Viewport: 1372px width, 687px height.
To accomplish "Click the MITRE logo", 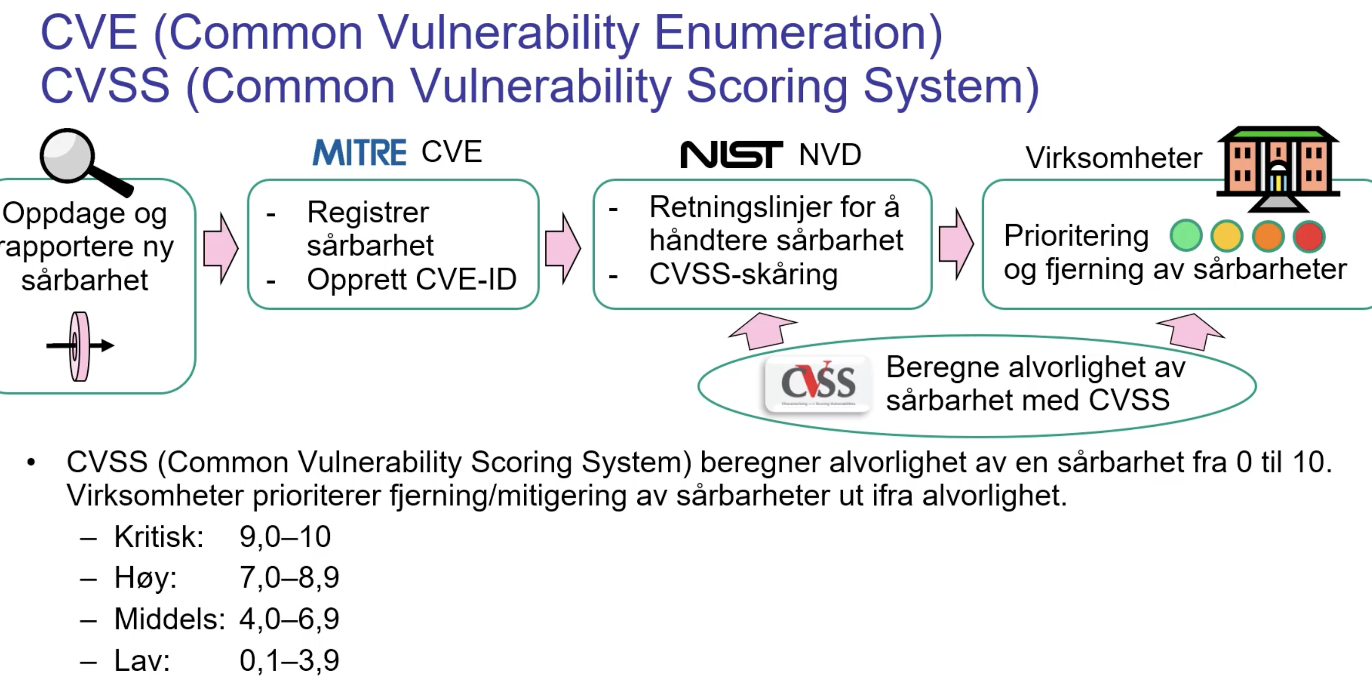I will [x=359, y=153].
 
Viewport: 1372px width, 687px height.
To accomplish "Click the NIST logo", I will [x=732, y=154].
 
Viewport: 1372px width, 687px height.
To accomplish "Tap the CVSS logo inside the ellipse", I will [x=818, y=383].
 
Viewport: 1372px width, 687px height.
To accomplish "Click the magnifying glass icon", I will [x=80, y=160].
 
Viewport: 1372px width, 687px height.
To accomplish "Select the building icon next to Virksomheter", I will [x=1277, y=167].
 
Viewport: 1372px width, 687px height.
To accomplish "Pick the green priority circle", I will [x=1186, y=235].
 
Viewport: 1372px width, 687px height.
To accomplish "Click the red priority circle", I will [x=1308, y=235].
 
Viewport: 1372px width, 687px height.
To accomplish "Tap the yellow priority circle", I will [x=1227, y=235].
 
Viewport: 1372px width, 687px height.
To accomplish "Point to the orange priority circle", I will [x=1268, y=235].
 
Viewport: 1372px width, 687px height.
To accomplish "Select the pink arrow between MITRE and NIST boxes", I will [x=563, y=248].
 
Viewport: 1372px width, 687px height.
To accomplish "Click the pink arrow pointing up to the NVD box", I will [x=763, y=331].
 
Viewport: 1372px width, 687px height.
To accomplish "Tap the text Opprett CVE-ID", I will [x=411, y=279].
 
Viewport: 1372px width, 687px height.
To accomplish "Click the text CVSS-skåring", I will [x=743, y=274].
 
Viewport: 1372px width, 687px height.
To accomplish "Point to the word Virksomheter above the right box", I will [x=1113, y=158].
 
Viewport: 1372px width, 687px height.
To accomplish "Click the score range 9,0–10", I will [x=285, y=536].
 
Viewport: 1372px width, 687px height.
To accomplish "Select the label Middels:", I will [x=169, y=619].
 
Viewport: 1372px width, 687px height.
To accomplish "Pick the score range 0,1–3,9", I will [x=289, y=661].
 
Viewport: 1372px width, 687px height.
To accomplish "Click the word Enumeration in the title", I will [x=798, y=33].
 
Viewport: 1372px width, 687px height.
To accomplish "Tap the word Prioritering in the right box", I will [x=1076, y=235].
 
